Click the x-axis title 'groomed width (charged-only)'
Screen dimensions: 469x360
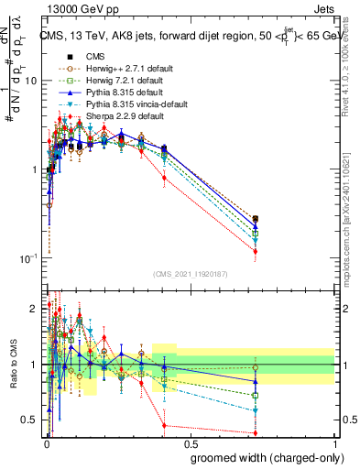click(x=262, y=455)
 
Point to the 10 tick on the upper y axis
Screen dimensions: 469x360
click(x=30, y=81)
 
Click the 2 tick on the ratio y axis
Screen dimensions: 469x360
click(x=35, y=307)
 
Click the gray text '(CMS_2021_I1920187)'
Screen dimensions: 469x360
click(x=189, y=273)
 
